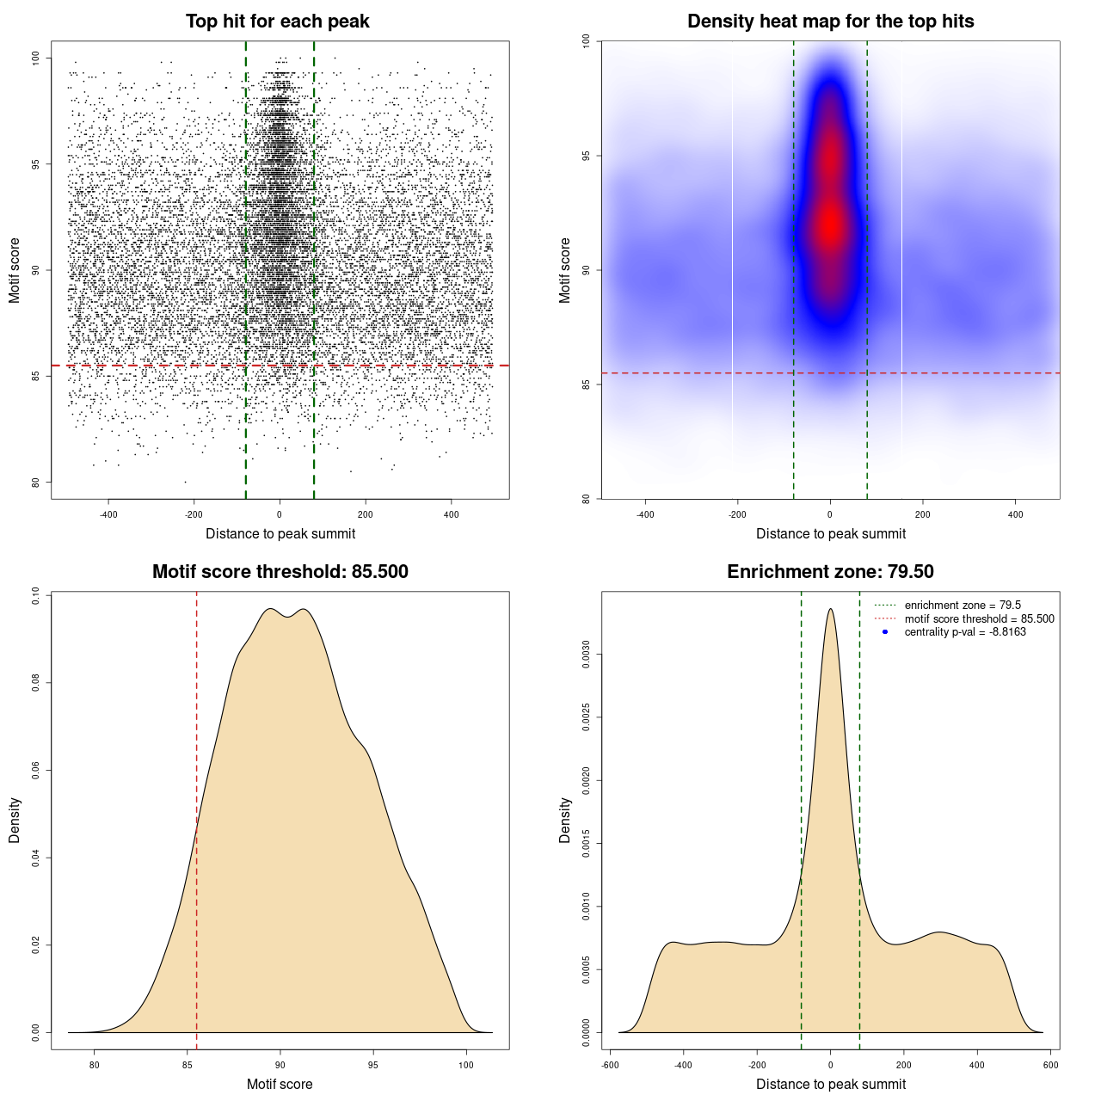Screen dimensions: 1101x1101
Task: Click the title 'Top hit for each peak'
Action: click(277, 22)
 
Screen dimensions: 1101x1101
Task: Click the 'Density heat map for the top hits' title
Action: click(830, 22)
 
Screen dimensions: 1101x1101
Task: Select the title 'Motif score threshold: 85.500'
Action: click(280, 572)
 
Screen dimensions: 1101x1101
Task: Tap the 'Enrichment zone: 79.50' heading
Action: click(830, 572)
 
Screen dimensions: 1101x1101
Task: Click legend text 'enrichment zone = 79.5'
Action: click(963, 606)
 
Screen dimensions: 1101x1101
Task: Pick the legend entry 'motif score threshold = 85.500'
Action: click(979, 618)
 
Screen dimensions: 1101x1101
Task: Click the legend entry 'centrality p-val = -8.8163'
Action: click(965, 632)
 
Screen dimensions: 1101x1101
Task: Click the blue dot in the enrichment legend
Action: click(885, 632)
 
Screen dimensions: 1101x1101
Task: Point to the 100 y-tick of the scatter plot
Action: click(36, 58)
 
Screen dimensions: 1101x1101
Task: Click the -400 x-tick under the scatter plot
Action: click(108, 514)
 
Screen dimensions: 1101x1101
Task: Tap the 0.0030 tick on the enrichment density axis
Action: click(587, 655)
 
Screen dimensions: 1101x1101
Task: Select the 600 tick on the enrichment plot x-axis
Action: click(1050, 1065)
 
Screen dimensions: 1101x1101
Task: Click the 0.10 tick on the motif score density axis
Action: click(36, 595)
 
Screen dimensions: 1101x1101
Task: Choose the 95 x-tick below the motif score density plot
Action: click(372, 1065)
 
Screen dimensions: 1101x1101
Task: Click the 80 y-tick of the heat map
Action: click(587, 498)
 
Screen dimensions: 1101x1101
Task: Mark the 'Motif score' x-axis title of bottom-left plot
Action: click(280, 1084)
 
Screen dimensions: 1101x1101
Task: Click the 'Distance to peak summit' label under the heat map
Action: click(830, 533)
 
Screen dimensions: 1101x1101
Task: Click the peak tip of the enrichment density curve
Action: click(830, 609)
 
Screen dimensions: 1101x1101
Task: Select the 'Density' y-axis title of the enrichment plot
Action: click(565, 820)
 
